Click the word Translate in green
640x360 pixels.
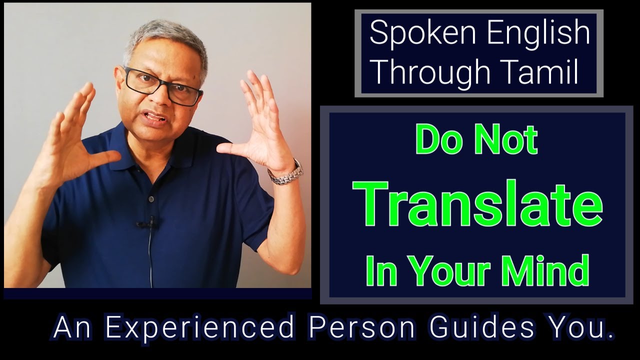[477, 203]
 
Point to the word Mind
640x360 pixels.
[550, 270]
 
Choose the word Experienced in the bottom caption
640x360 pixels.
[199, 328]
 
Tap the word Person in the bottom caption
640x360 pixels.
[361, 328]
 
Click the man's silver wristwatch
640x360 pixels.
[285, 172]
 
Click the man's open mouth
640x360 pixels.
[156, 118]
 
